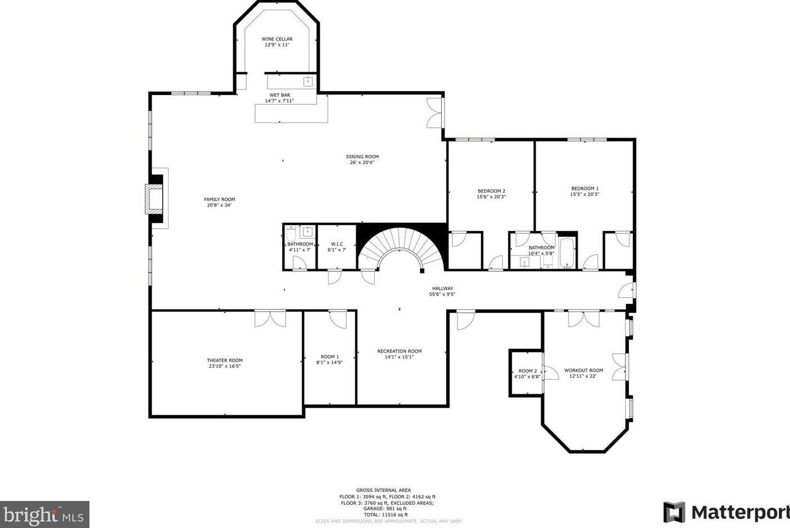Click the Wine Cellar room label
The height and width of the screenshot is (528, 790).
pos(277,39)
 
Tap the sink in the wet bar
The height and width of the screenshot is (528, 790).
pos(308,81)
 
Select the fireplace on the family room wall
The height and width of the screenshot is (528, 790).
pos(154,199)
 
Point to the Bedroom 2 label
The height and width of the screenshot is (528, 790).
pos(491,191)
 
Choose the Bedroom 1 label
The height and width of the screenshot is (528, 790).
pos(585,189)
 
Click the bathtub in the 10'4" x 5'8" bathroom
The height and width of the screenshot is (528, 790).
pos(567,253)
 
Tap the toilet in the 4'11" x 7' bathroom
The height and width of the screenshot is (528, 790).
pos(290,233)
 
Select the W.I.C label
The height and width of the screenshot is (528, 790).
pos(337,244)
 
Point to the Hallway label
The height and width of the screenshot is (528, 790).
pos(443,288)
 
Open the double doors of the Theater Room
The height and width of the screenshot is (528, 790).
pos(270,318)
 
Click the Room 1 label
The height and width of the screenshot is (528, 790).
pos(330,357)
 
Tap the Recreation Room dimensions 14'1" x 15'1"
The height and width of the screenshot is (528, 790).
pos(399,357)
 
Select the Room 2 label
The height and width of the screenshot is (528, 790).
pos(528,371)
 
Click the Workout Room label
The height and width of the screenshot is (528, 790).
pos(584,371)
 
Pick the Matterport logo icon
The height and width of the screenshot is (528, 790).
pos(674,512)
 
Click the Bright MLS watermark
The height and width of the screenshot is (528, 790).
pos(44,515)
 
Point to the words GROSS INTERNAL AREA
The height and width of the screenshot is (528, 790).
pos(383,490)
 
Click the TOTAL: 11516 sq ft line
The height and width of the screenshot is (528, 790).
pos(386,515)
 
